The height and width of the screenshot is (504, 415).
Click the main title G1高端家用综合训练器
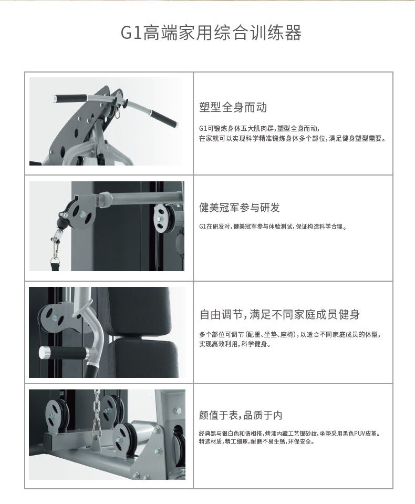click(211, 33)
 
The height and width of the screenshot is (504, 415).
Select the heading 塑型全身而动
click(233, 107)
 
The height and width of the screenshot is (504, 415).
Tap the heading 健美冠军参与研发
click(240, 208)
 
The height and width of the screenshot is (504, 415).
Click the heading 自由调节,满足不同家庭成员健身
click(279, 314)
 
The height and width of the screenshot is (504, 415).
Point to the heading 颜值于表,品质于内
click(241, 415)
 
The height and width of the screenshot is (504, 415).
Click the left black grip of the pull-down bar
click(70, 97)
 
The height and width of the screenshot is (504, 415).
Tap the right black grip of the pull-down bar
click(163, 119)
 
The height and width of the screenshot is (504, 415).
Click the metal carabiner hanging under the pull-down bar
click(117, 110)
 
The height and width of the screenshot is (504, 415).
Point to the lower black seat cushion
click(145, 359)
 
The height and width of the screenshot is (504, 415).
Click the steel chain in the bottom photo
click(96, 406)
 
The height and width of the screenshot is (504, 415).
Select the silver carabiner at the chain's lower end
click(96, 429)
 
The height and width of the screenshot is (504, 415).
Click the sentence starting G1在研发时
click(273, 227)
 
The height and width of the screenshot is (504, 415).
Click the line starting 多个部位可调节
click(290, 335)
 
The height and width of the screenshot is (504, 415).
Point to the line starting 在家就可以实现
click(292, 139)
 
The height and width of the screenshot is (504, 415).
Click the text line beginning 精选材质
click(257, 441)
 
